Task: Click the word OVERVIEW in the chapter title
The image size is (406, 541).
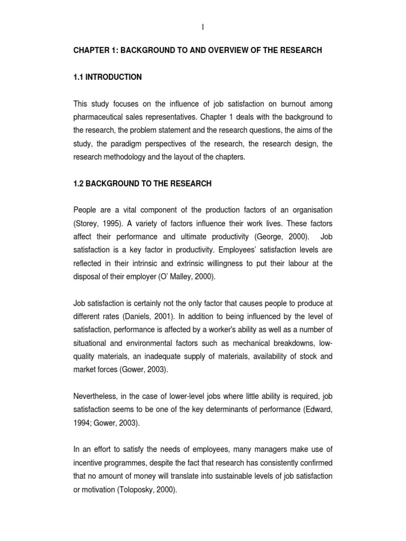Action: coord(214,50)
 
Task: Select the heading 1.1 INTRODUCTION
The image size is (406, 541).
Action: coord(107,77)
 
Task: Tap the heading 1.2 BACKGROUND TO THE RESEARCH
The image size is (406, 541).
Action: coord(142,183)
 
